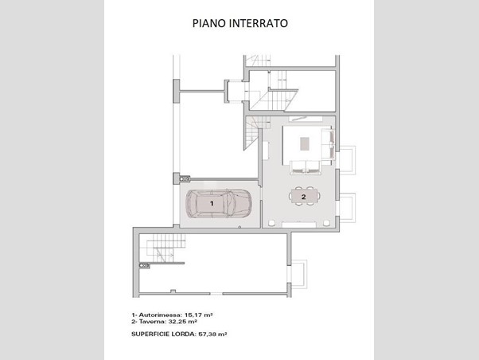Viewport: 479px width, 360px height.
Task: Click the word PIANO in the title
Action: tap(209, 23)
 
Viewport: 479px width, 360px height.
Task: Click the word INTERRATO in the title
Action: tap(259, 23)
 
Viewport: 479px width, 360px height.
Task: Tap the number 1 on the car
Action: tap(212, 203)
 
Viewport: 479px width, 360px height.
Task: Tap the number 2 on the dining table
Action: tap(303, 197)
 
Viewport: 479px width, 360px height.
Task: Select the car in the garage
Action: tap(219, 203)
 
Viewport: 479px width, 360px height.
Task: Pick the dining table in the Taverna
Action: tap(306, 196)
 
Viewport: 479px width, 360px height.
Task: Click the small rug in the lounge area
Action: tap(304, 143)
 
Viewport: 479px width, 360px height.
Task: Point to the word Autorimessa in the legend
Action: tap(160, 315)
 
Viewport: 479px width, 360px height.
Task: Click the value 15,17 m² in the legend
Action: tap(199, 315)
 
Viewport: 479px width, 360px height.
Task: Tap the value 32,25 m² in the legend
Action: tap(183, 322)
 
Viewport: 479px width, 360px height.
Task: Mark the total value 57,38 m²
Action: tap(212, 334)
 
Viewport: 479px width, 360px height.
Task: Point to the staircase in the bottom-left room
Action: tap(162, 248)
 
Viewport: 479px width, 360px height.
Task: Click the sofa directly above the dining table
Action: tap(306, 167)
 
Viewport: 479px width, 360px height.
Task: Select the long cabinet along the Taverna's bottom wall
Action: tap(298, 225)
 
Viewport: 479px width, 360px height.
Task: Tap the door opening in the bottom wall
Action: tap(216, 294)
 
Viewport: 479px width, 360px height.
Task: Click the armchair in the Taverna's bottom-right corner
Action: tap(326, 223)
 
